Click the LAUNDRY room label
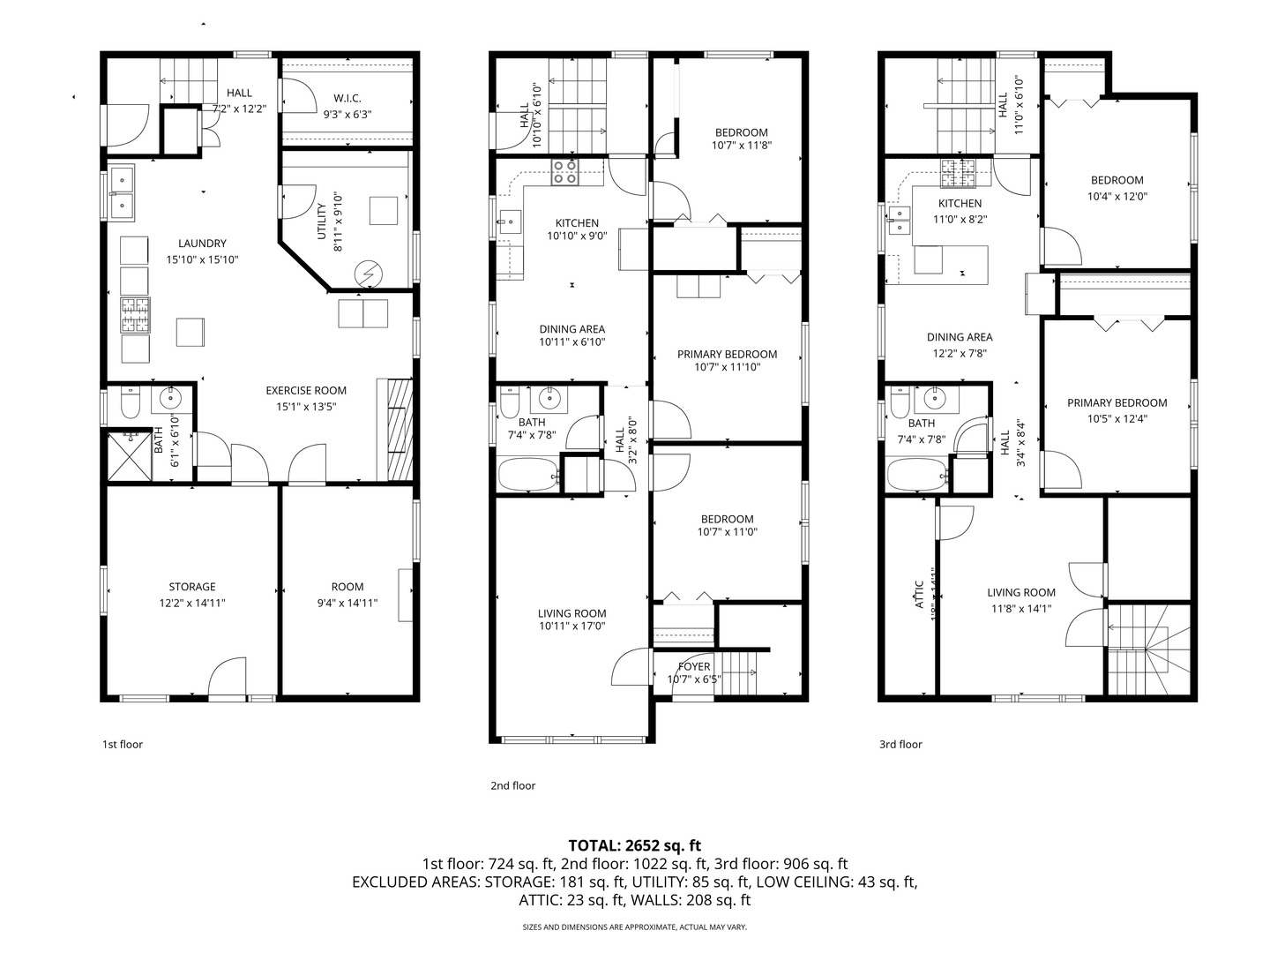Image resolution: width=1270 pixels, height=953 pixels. [x=202, y=244]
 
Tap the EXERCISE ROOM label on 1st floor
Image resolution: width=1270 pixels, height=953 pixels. [x=306, y=390]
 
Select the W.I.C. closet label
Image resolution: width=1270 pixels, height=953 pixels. [x=347, y=98]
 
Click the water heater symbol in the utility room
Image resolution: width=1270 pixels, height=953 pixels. [x=368, y=275]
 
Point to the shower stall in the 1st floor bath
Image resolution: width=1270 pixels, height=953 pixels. [x=129, y=455]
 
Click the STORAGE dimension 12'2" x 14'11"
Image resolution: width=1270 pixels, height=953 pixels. [x=192, y=604]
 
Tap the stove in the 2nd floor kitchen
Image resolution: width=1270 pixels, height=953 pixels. [x=564, y=173]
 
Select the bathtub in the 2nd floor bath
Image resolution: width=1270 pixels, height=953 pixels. [x=527, y=475]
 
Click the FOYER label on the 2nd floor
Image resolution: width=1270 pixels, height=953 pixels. [x=694, y=666]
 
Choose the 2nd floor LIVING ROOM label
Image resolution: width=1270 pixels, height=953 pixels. [x=572, y=613]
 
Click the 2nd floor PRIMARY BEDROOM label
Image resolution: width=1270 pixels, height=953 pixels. [x=727, y=354]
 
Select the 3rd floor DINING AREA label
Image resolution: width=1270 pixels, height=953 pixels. [x=960, y=337]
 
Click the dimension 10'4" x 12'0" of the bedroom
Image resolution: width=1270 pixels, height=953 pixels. [x=1117, y=197]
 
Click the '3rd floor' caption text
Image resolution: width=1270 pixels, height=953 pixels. [x=900, y=744]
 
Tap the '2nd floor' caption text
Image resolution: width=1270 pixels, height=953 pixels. [x=512, y=785]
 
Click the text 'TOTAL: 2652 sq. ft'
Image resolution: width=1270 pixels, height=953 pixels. [x=634, y=845]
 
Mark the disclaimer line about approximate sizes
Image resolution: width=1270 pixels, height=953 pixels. [x=634, y=927]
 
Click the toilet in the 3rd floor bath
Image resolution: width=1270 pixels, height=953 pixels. [x=900, y=404]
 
